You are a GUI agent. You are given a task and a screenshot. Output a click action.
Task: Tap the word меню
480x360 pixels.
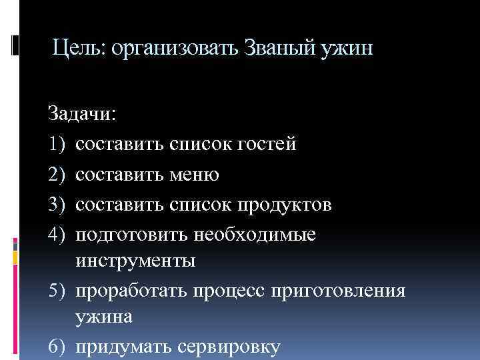pyautogui.click(x=194, y=174)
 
